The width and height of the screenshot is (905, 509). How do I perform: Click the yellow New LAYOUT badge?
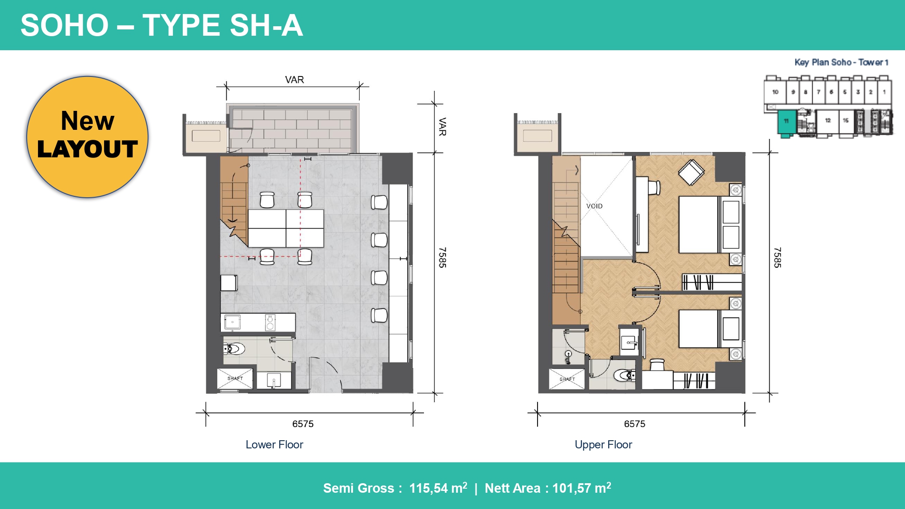tap(87, 137)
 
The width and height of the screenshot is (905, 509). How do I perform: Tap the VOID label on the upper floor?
tap(594, 206)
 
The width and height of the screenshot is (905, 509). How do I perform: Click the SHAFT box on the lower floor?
tap(235, 378)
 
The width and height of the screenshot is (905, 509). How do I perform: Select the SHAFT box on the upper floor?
tap(567, 379)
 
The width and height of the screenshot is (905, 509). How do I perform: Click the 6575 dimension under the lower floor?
tap(303, 424)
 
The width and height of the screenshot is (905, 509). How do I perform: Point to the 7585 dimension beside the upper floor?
tap(777, 257)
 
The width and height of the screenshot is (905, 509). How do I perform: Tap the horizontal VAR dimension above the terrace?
tap(294, 80)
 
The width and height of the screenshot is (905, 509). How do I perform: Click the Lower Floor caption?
tap(274, 444)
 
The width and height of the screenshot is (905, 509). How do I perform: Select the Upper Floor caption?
tap(603, 444)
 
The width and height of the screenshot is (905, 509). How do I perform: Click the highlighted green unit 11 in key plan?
tap(786, 121)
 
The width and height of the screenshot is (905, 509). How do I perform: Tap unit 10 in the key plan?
tap(775, 92)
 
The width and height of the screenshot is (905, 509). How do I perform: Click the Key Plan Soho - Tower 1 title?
tap(841, 62)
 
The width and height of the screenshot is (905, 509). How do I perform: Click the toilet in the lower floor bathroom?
tap(234, 349)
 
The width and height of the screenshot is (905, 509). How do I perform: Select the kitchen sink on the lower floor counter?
tap(233, 322)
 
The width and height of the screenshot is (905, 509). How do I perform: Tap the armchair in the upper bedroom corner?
tap(691, 172)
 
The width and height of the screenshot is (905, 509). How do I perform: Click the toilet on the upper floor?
tap(624, 375)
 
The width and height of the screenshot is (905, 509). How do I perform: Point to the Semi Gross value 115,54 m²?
tap(438, 488)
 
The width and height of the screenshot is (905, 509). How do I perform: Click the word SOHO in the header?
tap(65, 25)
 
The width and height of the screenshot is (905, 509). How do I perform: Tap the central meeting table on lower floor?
tap(286, 228)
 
